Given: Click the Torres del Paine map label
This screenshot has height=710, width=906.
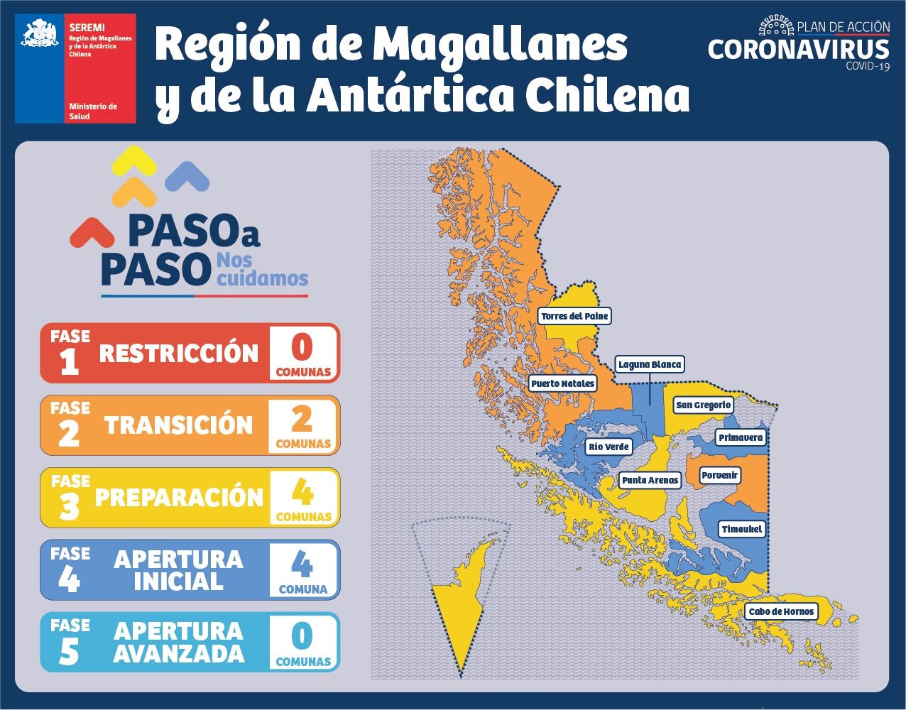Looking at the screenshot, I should point(574,316).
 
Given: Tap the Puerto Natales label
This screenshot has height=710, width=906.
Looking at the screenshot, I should point(563,383).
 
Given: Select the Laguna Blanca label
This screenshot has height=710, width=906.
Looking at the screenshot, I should point(650,365).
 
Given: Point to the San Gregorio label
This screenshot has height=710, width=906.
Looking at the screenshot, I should point(703,405).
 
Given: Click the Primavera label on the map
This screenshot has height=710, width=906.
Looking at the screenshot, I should point(741,437).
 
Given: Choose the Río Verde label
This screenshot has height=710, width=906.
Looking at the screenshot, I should point(608,447).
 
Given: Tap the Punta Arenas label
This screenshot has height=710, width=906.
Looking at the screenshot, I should point(650,481).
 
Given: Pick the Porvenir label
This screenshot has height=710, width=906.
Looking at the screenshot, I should point(720,475).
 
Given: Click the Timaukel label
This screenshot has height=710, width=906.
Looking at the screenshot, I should point(741,529).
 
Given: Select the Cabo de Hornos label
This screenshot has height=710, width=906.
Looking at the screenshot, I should point(780,611).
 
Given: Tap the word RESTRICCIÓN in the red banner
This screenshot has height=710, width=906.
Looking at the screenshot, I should point(179,353).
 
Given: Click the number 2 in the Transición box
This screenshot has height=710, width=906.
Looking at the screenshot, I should point(302,420).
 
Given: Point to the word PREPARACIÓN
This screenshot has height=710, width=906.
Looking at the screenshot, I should point(179,497).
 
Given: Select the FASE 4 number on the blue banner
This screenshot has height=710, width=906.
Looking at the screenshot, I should point(69,580).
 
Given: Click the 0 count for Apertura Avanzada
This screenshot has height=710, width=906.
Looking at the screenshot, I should point(302,635).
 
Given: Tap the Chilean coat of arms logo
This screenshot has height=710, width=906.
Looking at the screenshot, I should point(39,35).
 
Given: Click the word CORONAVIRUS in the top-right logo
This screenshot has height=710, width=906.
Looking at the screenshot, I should point(798,50).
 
